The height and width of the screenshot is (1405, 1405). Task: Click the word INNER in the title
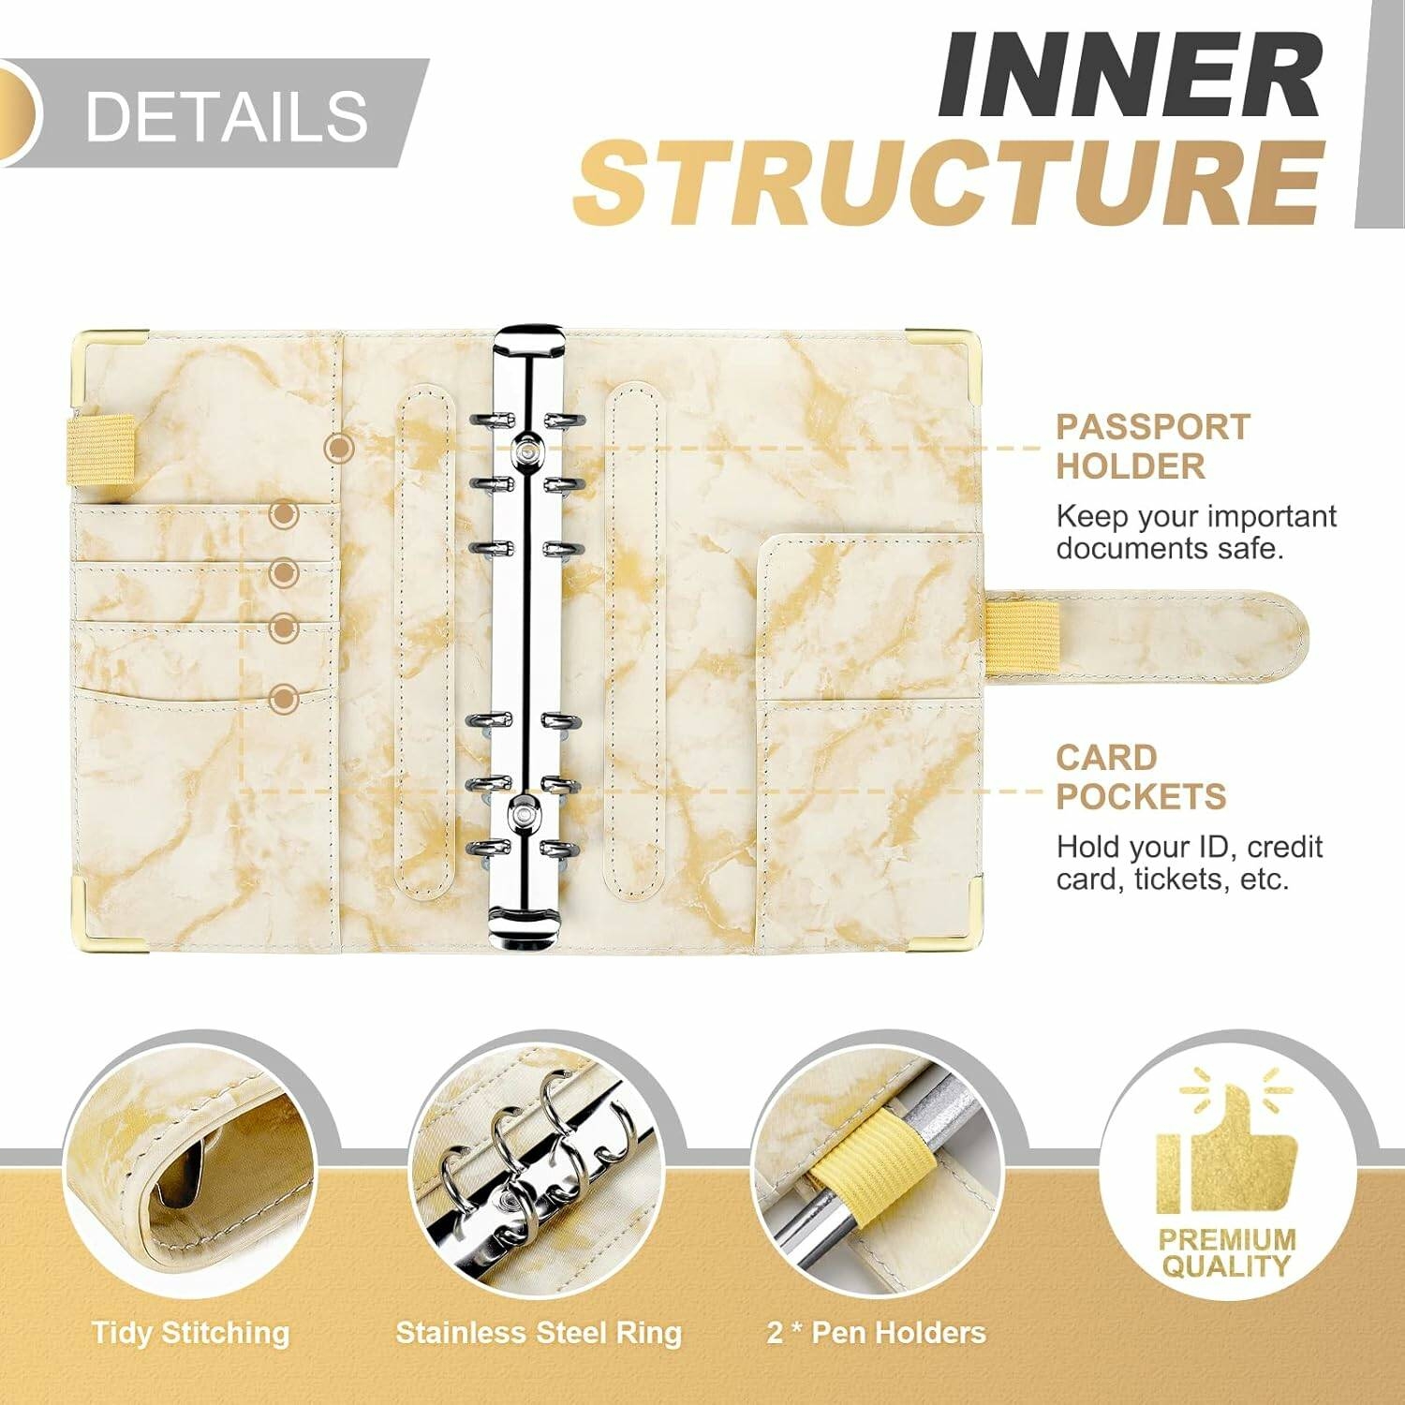(x=1131, y=75)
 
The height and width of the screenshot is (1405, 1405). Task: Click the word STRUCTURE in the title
(x=949, y=182)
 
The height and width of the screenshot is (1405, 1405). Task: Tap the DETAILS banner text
(x=226, y=116)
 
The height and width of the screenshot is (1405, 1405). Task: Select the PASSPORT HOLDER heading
(x=1153, y=447)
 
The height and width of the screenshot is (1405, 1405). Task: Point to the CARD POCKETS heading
(x=1141, y=777)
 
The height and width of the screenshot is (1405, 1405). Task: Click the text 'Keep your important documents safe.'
(x=1196, y=532)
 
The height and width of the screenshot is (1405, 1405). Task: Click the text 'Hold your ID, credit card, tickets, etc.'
(x=1190, y=863)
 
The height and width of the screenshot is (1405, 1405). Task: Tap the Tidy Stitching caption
(x=191, y=1333)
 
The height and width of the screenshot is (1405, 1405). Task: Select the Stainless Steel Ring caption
(x=539, y=1332)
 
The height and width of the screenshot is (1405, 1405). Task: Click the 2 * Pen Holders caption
(x=877, y=1332)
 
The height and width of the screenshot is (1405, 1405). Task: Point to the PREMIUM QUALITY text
(x=1227, y=1253)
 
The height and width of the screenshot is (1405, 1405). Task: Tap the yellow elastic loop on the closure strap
(x=1023, y=638)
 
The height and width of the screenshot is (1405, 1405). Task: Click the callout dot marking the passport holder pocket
(x=339, y=448)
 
